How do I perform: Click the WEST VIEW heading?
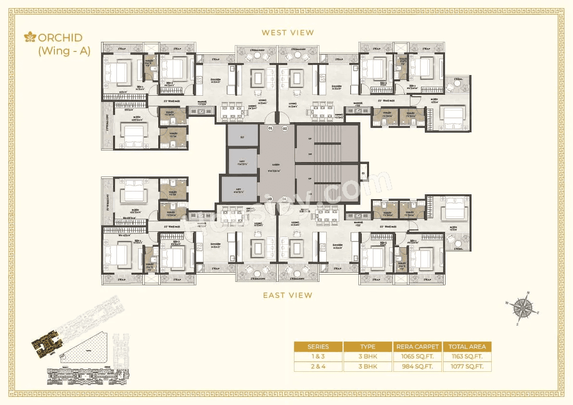click(x=288, y=33)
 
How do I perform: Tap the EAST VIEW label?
click(x=288, y=295)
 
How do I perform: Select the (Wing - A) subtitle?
click(x=64, y=51)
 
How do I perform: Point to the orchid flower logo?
click(x=31, y=37)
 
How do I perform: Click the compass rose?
click(x=523, y=308)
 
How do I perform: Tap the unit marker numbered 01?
click(x=270, y=128)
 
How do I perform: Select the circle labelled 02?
click(x=284, y=128)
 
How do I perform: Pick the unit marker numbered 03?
click(x=270, y=199)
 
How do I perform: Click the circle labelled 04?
click(x=284, y=199)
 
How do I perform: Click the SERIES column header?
click(x=318, y=346)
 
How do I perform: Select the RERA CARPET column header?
click(x=418, y=346)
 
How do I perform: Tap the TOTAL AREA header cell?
click(x=467, y=346)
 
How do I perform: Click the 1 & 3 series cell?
click(x=318, y=356)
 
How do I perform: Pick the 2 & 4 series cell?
click(x=318, y=367)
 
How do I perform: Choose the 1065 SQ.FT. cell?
click(x=418, y=356)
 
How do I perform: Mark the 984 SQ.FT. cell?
click(x=418, y=367)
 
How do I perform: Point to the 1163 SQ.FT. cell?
click(x=467, y=356)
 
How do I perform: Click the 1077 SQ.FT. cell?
click(x=467, y=367)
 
